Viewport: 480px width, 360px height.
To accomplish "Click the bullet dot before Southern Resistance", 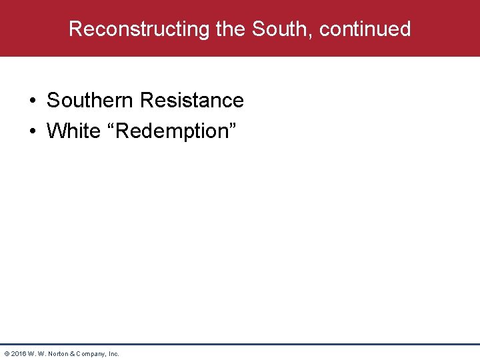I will coord(33,101).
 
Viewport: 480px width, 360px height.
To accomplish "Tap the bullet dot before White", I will coord(33,131).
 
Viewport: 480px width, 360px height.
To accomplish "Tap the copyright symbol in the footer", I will coord(6,353).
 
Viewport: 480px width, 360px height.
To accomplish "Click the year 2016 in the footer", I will coord(18,353).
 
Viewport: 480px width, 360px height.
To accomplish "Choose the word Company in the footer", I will coord(90,353).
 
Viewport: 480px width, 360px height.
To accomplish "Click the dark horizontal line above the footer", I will coord(240,344).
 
